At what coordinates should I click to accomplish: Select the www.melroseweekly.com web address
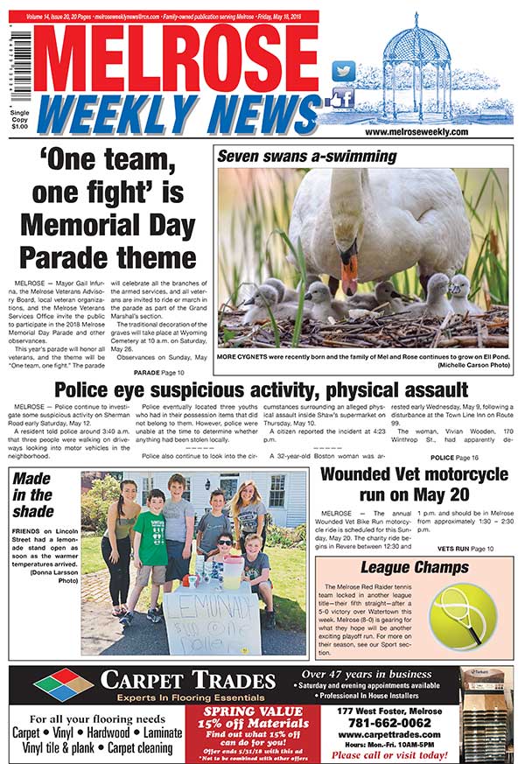416,132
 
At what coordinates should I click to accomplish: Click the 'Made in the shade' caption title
33,494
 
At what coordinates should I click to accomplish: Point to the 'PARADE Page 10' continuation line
154,373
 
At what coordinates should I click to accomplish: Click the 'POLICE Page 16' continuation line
454,457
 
